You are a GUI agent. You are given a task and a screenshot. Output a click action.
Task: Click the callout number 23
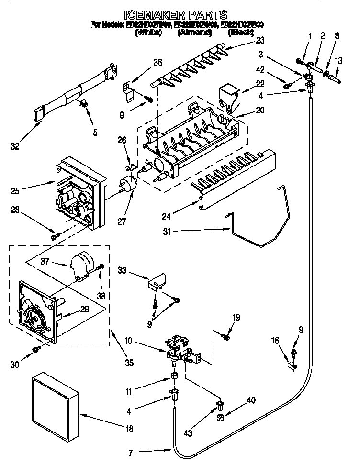[x=260, y=41]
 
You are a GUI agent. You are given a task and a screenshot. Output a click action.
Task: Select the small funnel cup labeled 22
[x=228, y=96]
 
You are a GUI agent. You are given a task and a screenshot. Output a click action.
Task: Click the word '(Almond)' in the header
[x=194, y=32]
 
